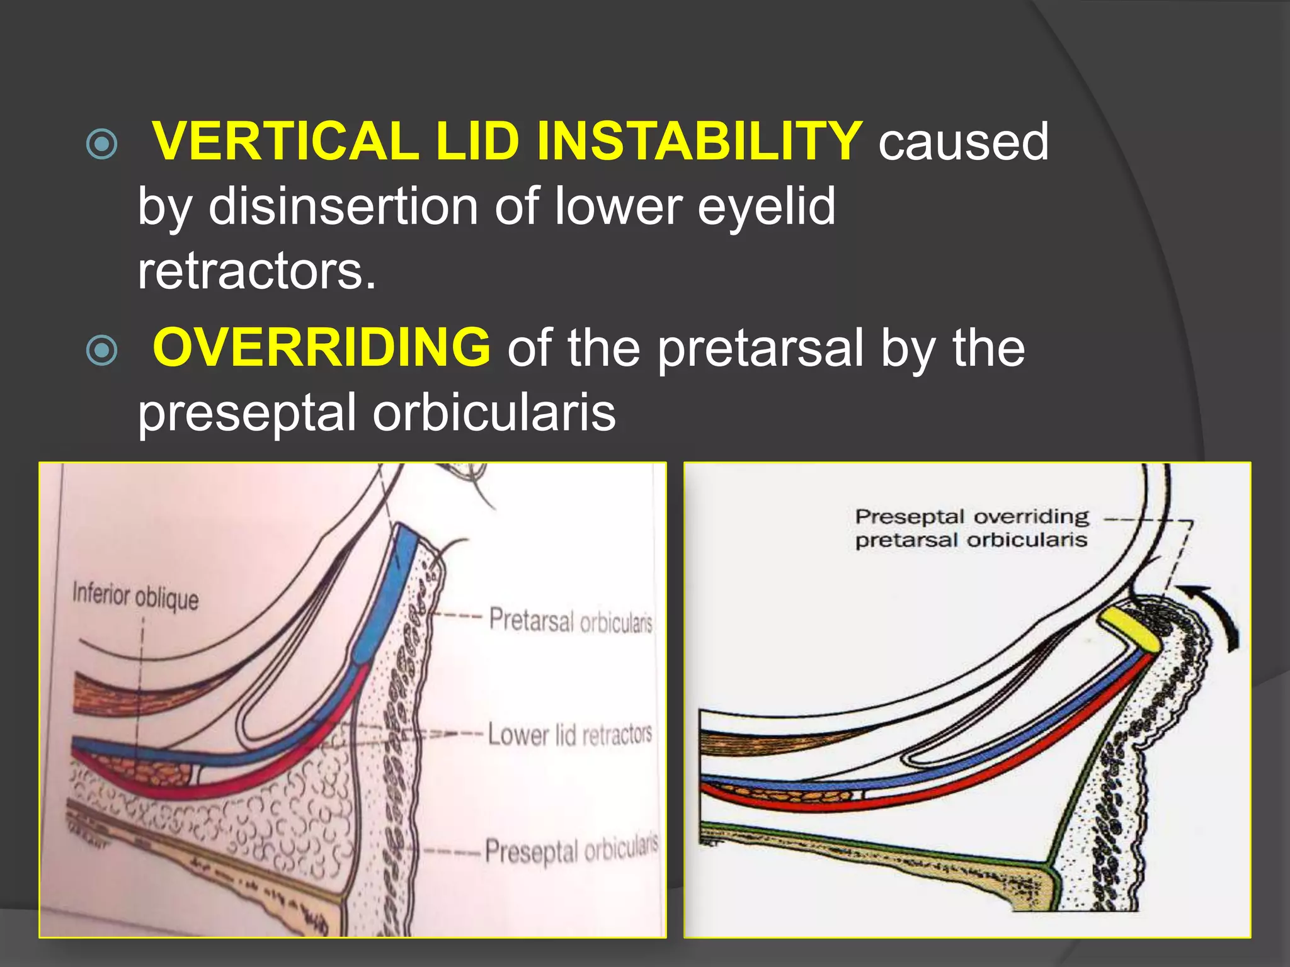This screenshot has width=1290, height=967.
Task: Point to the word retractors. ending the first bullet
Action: coord(257,272)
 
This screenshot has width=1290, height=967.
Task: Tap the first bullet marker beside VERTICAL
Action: coord(102,144)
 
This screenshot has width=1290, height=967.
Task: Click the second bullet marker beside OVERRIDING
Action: coord(102,350)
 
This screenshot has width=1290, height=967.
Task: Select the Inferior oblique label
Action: coord(135,596)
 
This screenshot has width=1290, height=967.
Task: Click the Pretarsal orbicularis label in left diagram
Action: coord(571,621)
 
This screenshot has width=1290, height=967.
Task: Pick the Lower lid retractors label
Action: coord(569,735)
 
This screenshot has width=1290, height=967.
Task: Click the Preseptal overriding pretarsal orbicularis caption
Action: coord(971,528)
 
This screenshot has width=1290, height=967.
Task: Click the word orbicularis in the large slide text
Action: coord(494,413)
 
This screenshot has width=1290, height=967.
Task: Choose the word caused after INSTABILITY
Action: coord(963,142)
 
